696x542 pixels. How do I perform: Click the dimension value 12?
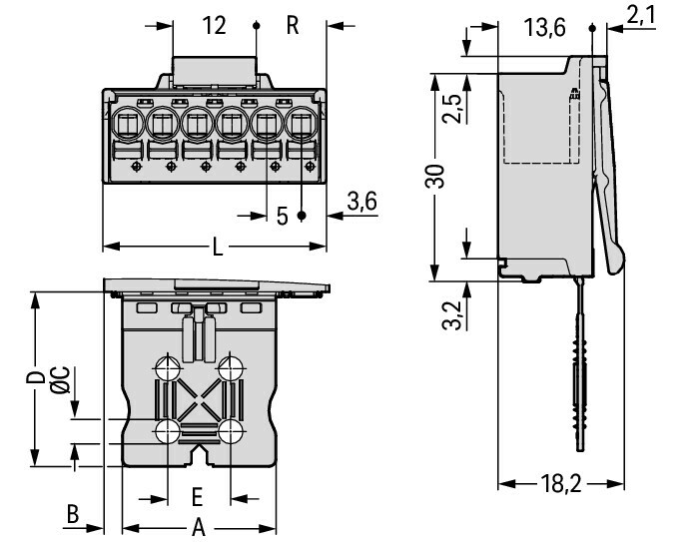(x=215, y=25)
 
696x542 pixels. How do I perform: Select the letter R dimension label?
(x=293, y=25)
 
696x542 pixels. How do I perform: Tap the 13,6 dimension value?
(x=545, y=28)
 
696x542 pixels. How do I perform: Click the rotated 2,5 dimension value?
(x=452, y=108)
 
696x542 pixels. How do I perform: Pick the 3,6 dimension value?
(x=360, y=203)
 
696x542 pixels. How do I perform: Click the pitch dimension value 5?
(x=282, y=216)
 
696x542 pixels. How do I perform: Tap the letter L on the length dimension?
(x=218, y=247)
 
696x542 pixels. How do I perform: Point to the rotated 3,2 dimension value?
(x=451, y=314)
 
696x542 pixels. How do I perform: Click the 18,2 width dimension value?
(x=561, y=485)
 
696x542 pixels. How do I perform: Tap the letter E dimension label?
(x=198, y=496)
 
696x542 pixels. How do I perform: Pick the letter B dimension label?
(x=72, y=515)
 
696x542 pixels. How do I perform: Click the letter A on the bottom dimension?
(x=198, y=527)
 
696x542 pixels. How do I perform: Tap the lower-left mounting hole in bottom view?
(x=167, y=431)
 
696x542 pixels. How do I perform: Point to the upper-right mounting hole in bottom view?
(x=232, y=366)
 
